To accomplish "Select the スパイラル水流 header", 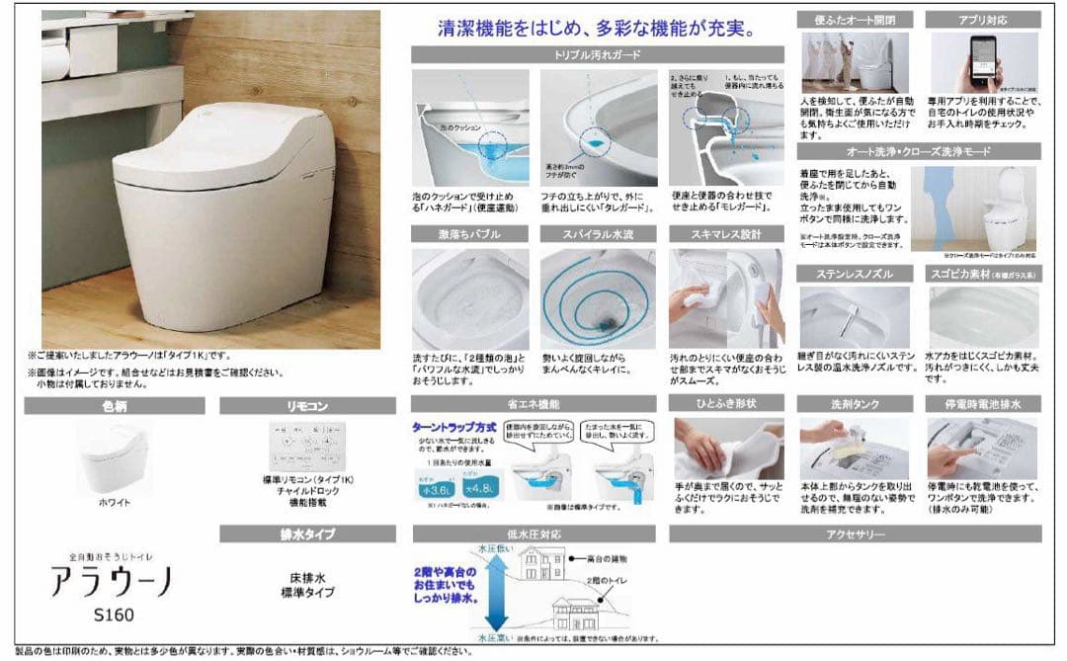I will [598, 234].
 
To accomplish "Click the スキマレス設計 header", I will [727, 234].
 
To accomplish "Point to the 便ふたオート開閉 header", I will [856, 19].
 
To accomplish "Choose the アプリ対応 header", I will [983, 19].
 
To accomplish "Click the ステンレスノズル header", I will [856, 272].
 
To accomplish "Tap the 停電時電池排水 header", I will [983, 404].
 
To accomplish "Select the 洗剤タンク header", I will [856, 404].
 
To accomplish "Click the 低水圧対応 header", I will [533, 535].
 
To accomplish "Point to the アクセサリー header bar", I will [855, 535].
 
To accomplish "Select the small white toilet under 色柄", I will [114, 456].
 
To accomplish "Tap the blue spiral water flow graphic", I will [597, 296].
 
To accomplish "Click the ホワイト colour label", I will [114, 502].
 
